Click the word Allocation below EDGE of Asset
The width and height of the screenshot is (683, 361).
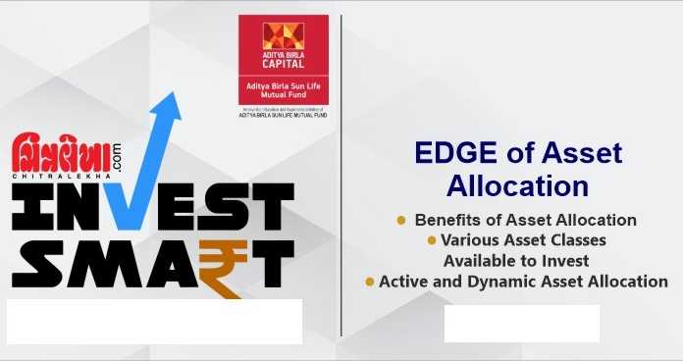(x=517, y=185)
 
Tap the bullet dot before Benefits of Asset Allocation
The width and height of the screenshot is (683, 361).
(x=400, y=220)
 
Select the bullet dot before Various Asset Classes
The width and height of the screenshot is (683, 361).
(x=430, y=240)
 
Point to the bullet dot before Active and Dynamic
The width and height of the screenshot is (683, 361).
(x=370, y=282)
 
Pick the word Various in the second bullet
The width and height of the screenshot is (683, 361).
(x=471, y=240)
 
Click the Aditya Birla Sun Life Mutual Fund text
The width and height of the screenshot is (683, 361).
(x=284, y=92)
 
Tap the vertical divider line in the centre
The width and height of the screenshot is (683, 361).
(x=341, y=177)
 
